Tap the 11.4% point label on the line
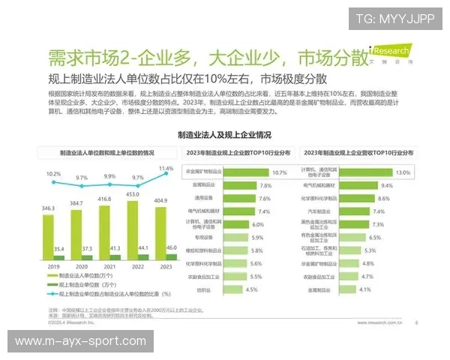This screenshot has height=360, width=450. pos(166,169)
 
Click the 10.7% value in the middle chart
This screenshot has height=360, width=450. pos(279,172)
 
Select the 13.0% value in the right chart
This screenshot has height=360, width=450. pos(403,172)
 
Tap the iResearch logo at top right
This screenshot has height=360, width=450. pos(390,53)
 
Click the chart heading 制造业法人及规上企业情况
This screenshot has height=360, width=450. pos(224,136)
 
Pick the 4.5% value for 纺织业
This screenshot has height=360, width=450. pos(251,289)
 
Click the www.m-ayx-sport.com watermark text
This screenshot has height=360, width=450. pos(80,341)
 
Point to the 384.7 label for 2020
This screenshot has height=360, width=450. pos(76,204)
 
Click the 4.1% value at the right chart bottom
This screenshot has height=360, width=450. pos(365,289)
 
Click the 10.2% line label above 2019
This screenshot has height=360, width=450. pos(52,173)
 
